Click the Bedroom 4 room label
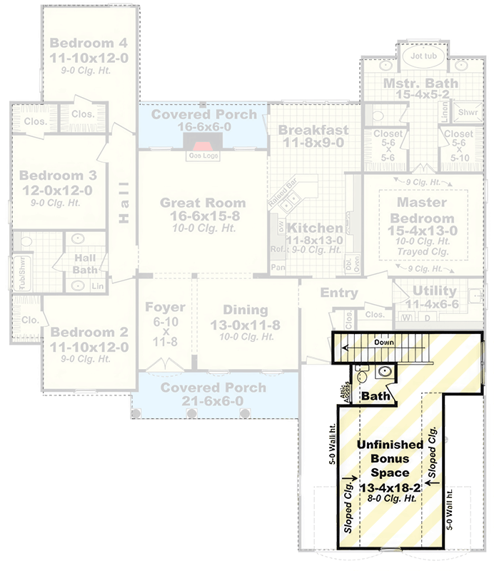tap(89, 44)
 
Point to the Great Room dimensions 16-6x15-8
tap(203, 217)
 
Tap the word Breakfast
tap(313, 130)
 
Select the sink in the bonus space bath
tap(385, 371)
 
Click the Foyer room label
tap(166, 308)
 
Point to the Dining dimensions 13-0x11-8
tap(245, 325)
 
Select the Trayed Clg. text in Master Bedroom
tap(425, 252)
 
